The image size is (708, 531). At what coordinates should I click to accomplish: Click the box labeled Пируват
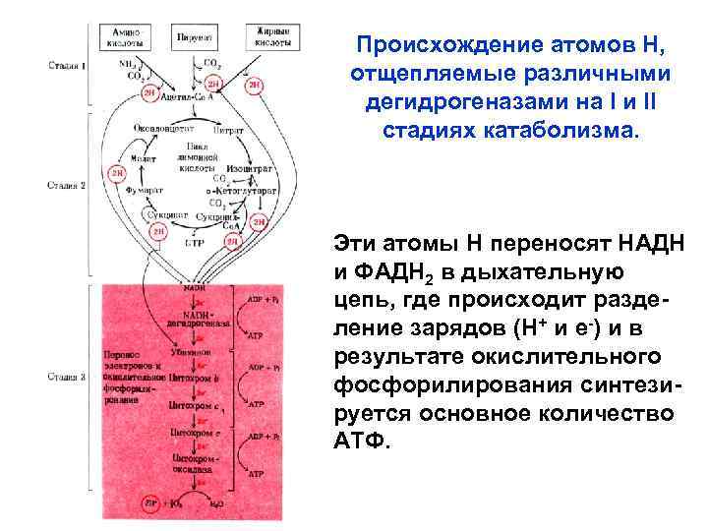coord(194,37)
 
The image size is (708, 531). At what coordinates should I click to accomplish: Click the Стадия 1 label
coord(68,66)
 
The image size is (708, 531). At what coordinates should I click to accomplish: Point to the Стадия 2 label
coord(68,184)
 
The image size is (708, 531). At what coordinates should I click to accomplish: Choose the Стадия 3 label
coord(68,375)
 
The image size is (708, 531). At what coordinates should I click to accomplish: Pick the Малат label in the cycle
coord(144,156)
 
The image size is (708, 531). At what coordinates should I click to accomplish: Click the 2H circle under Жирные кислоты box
coord(255,86)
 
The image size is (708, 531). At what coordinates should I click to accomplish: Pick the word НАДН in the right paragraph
coord(644,242)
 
